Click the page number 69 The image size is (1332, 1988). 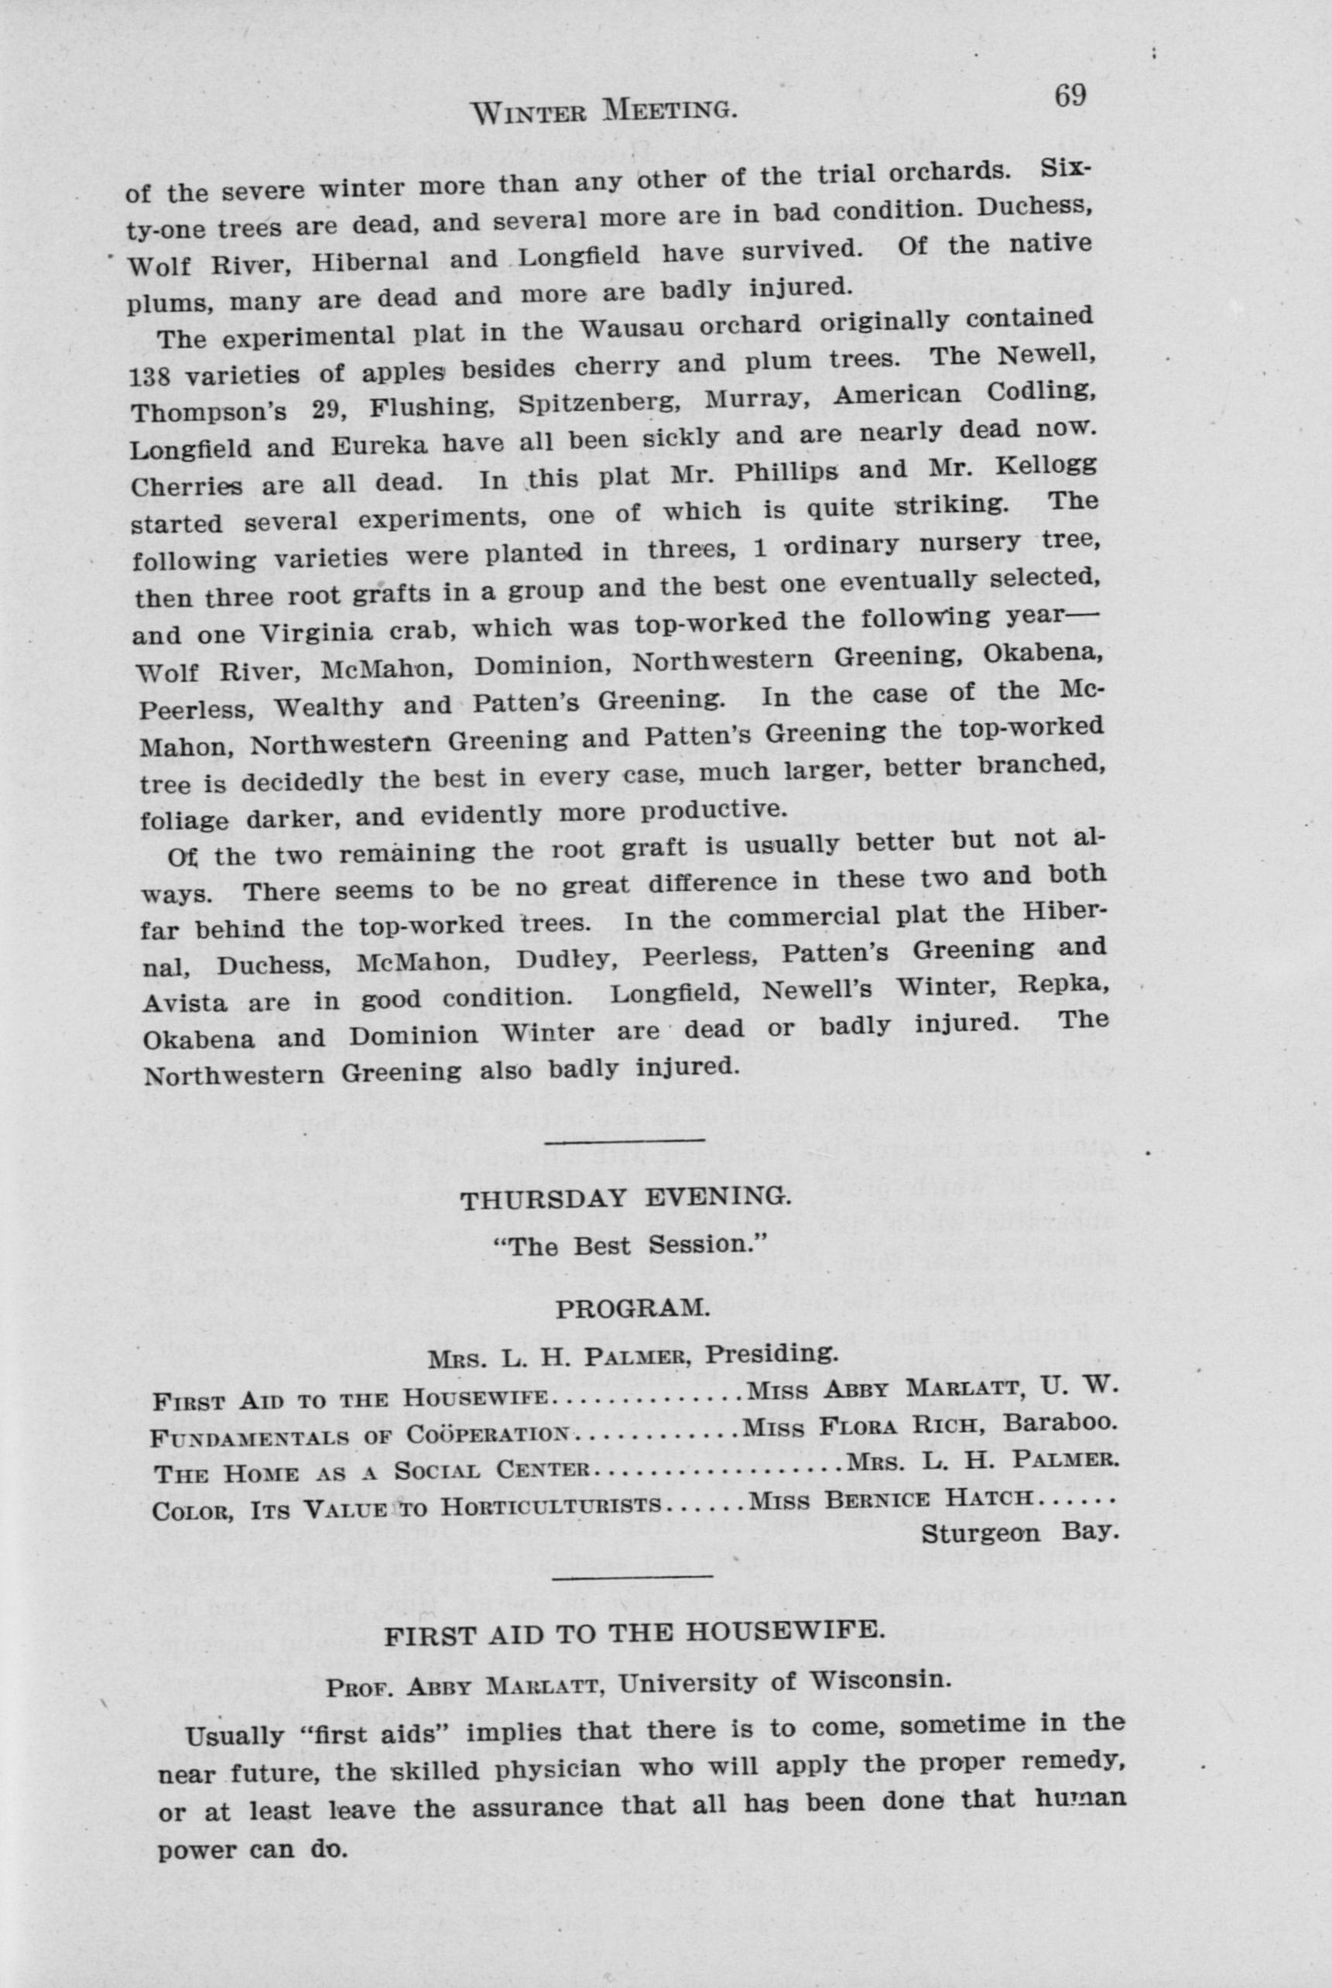1070,95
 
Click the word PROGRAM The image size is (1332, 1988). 631,1307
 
